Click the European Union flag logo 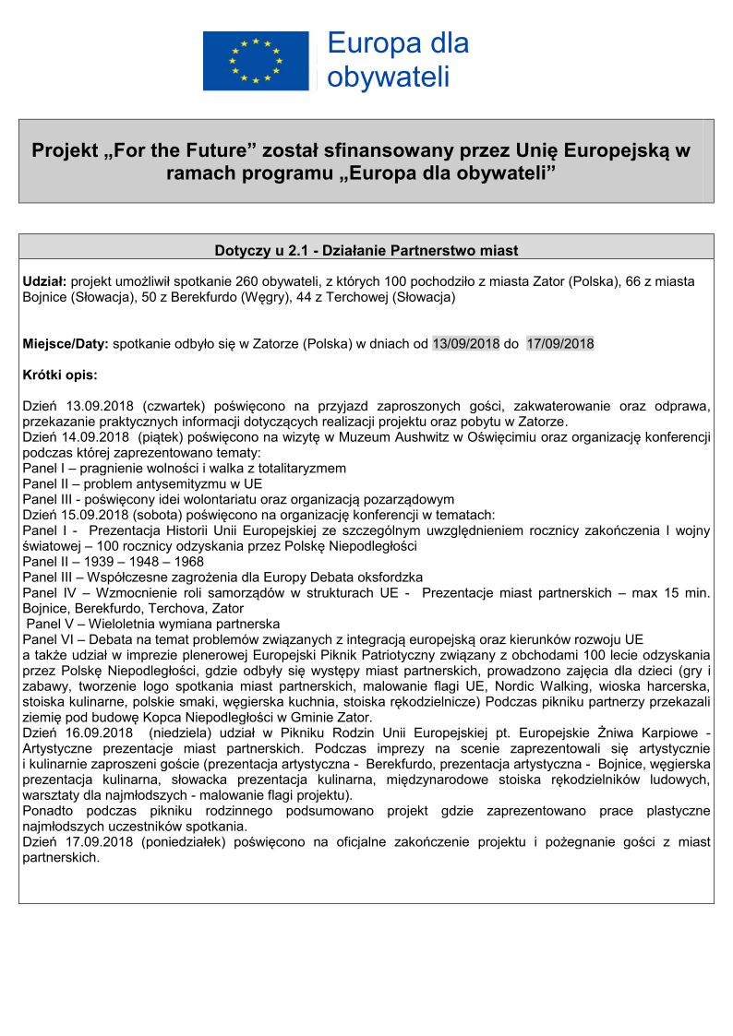coord(256,61)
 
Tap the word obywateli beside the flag coord(388,77)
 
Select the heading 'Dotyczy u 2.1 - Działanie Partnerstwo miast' coord(366,250)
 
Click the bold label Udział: coord(44,280)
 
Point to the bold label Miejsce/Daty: coord(66,344)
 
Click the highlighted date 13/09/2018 coord(466,344)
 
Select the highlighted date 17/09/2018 coord(560,344)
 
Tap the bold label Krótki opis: coord(59,375)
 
